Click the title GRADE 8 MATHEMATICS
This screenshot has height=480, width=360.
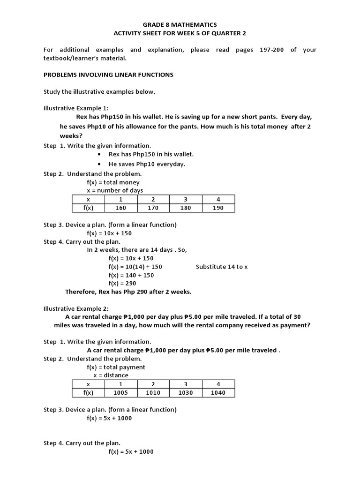pos(180,24)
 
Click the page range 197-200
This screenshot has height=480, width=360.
pos(271,50)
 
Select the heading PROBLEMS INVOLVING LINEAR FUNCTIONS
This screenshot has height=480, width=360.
pos(108,75)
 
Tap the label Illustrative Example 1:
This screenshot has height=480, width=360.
pos(76,108)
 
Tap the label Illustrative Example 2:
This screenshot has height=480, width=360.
pos(76,308)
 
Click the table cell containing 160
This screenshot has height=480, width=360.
pos(120,208)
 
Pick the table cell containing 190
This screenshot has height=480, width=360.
pos(218,208)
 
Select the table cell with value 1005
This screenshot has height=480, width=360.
pos(120,392)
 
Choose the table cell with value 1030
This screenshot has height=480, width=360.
pos(186,392)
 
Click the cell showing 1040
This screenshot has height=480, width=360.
pos(218,392)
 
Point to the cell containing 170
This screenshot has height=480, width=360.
pos(153,208)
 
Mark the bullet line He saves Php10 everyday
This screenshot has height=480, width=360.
pos(147,164)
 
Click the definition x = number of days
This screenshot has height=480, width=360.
pos(115,190)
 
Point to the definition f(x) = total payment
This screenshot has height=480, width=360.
pos(116,367)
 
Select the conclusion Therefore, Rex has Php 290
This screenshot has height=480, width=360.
pos(128,292)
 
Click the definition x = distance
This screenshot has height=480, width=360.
pos(111,375)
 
